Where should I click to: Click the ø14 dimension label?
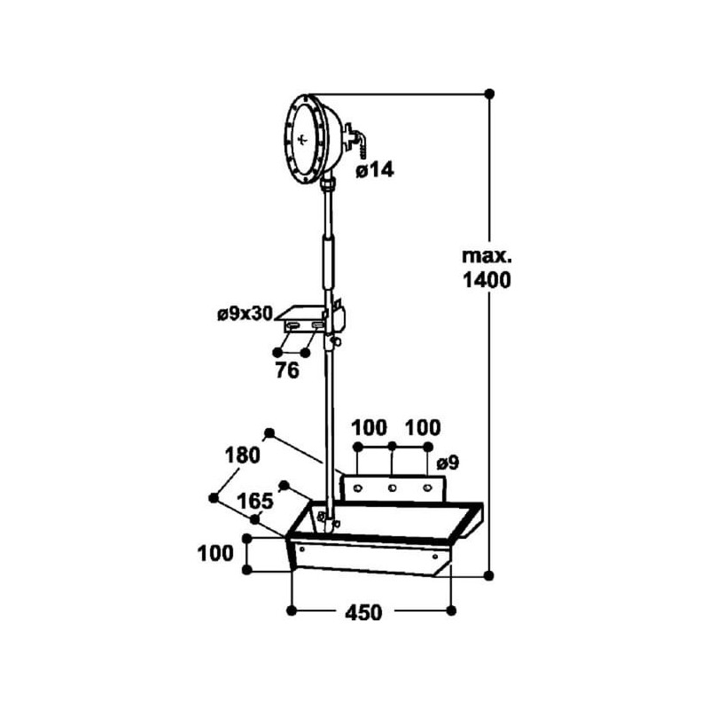(375, 170)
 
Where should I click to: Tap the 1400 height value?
(487, 280)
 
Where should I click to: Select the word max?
(487, 256)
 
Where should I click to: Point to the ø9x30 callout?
(245, 314)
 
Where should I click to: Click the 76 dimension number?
(287, 370)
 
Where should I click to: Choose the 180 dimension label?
(243, 456)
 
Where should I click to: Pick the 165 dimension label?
(255, 502)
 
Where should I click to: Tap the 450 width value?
(363, 612)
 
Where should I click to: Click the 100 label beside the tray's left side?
(215, 553)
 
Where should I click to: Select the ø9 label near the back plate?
(448, 463)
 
